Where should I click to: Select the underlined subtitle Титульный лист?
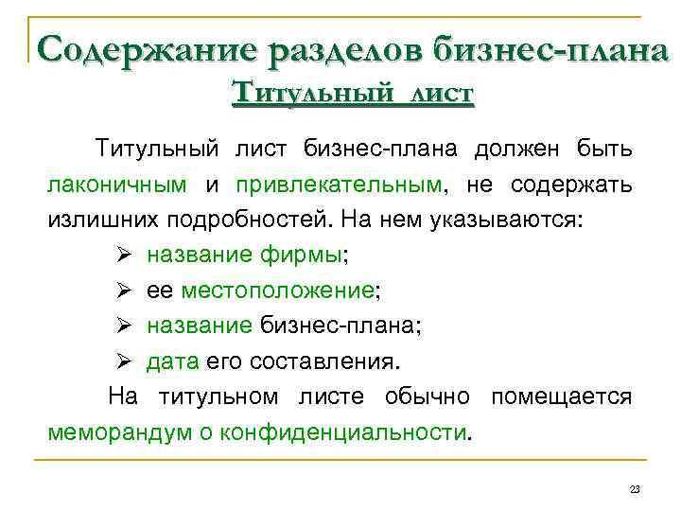point(353,93)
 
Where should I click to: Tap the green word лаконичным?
point(117,185)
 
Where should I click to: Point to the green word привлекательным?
point(339,185)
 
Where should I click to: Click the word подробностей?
point(247,220)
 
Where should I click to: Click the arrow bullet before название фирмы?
point(123,255)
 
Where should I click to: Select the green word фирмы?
point(301,255)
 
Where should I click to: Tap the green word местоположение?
point(277,291)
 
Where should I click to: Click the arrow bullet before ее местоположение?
point(123,290)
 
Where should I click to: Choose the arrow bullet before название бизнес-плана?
point(123,325)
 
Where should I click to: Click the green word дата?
point(173,361)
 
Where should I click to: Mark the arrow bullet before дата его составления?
point(123,361)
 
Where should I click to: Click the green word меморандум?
point(120,432)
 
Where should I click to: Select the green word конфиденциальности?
point(342,432)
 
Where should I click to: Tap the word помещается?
point(562,397)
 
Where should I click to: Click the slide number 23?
point(635,489)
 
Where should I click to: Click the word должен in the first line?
point(516,150)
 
